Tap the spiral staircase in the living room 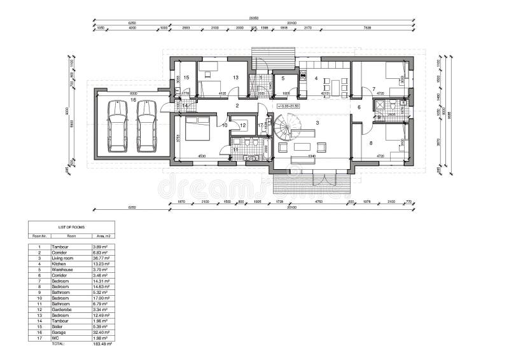pyautogui.click(x=287, y=127)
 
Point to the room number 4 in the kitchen pyautogui.click(x=316, y=78)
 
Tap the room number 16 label pyautogui.click(x=133, y=100)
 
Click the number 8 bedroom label pyautogui.click(x=372, y=142)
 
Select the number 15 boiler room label pyautogui.click(x=186, y=78)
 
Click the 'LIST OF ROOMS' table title pyautogui.click(x=71, y=226)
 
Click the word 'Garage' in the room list pyautogui.click(x=59, y=332)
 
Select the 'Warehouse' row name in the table pyautogui.click(x=62, y=269)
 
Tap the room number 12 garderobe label pyautogui.click(x=242, y=125)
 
